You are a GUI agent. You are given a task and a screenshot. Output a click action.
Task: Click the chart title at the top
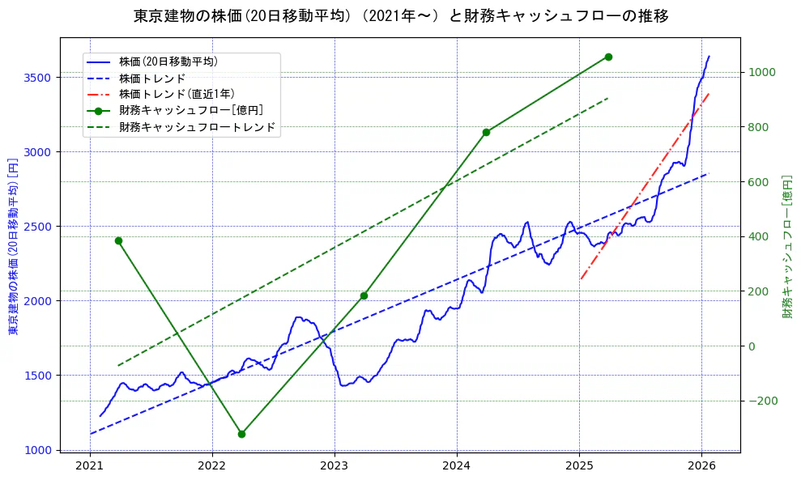pos(400,16)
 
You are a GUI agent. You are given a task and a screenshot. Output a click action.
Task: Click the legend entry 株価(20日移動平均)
pos(168,62)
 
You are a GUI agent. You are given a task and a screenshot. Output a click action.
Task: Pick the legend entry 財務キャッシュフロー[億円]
pos(190,110)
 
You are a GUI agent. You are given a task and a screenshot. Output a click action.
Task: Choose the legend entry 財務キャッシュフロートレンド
pos(197,127)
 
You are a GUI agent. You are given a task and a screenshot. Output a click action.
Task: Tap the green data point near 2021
pos(118,240)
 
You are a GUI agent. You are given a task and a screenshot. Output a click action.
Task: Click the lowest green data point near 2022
pos(241,434)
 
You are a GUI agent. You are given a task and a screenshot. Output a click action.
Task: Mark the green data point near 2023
pos(364,295)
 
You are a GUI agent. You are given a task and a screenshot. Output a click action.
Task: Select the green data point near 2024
pos(486,132)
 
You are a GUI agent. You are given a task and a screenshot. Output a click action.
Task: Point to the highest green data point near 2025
pos(608,57)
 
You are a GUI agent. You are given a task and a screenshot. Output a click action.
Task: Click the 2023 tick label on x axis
pos(334,465)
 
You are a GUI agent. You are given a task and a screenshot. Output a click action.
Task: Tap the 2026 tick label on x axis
pos(701,465)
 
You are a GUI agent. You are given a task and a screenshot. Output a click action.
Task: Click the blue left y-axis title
pos(13,246)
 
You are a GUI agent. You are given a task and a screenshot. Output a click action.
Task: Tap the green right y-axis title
pos(787,246)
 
